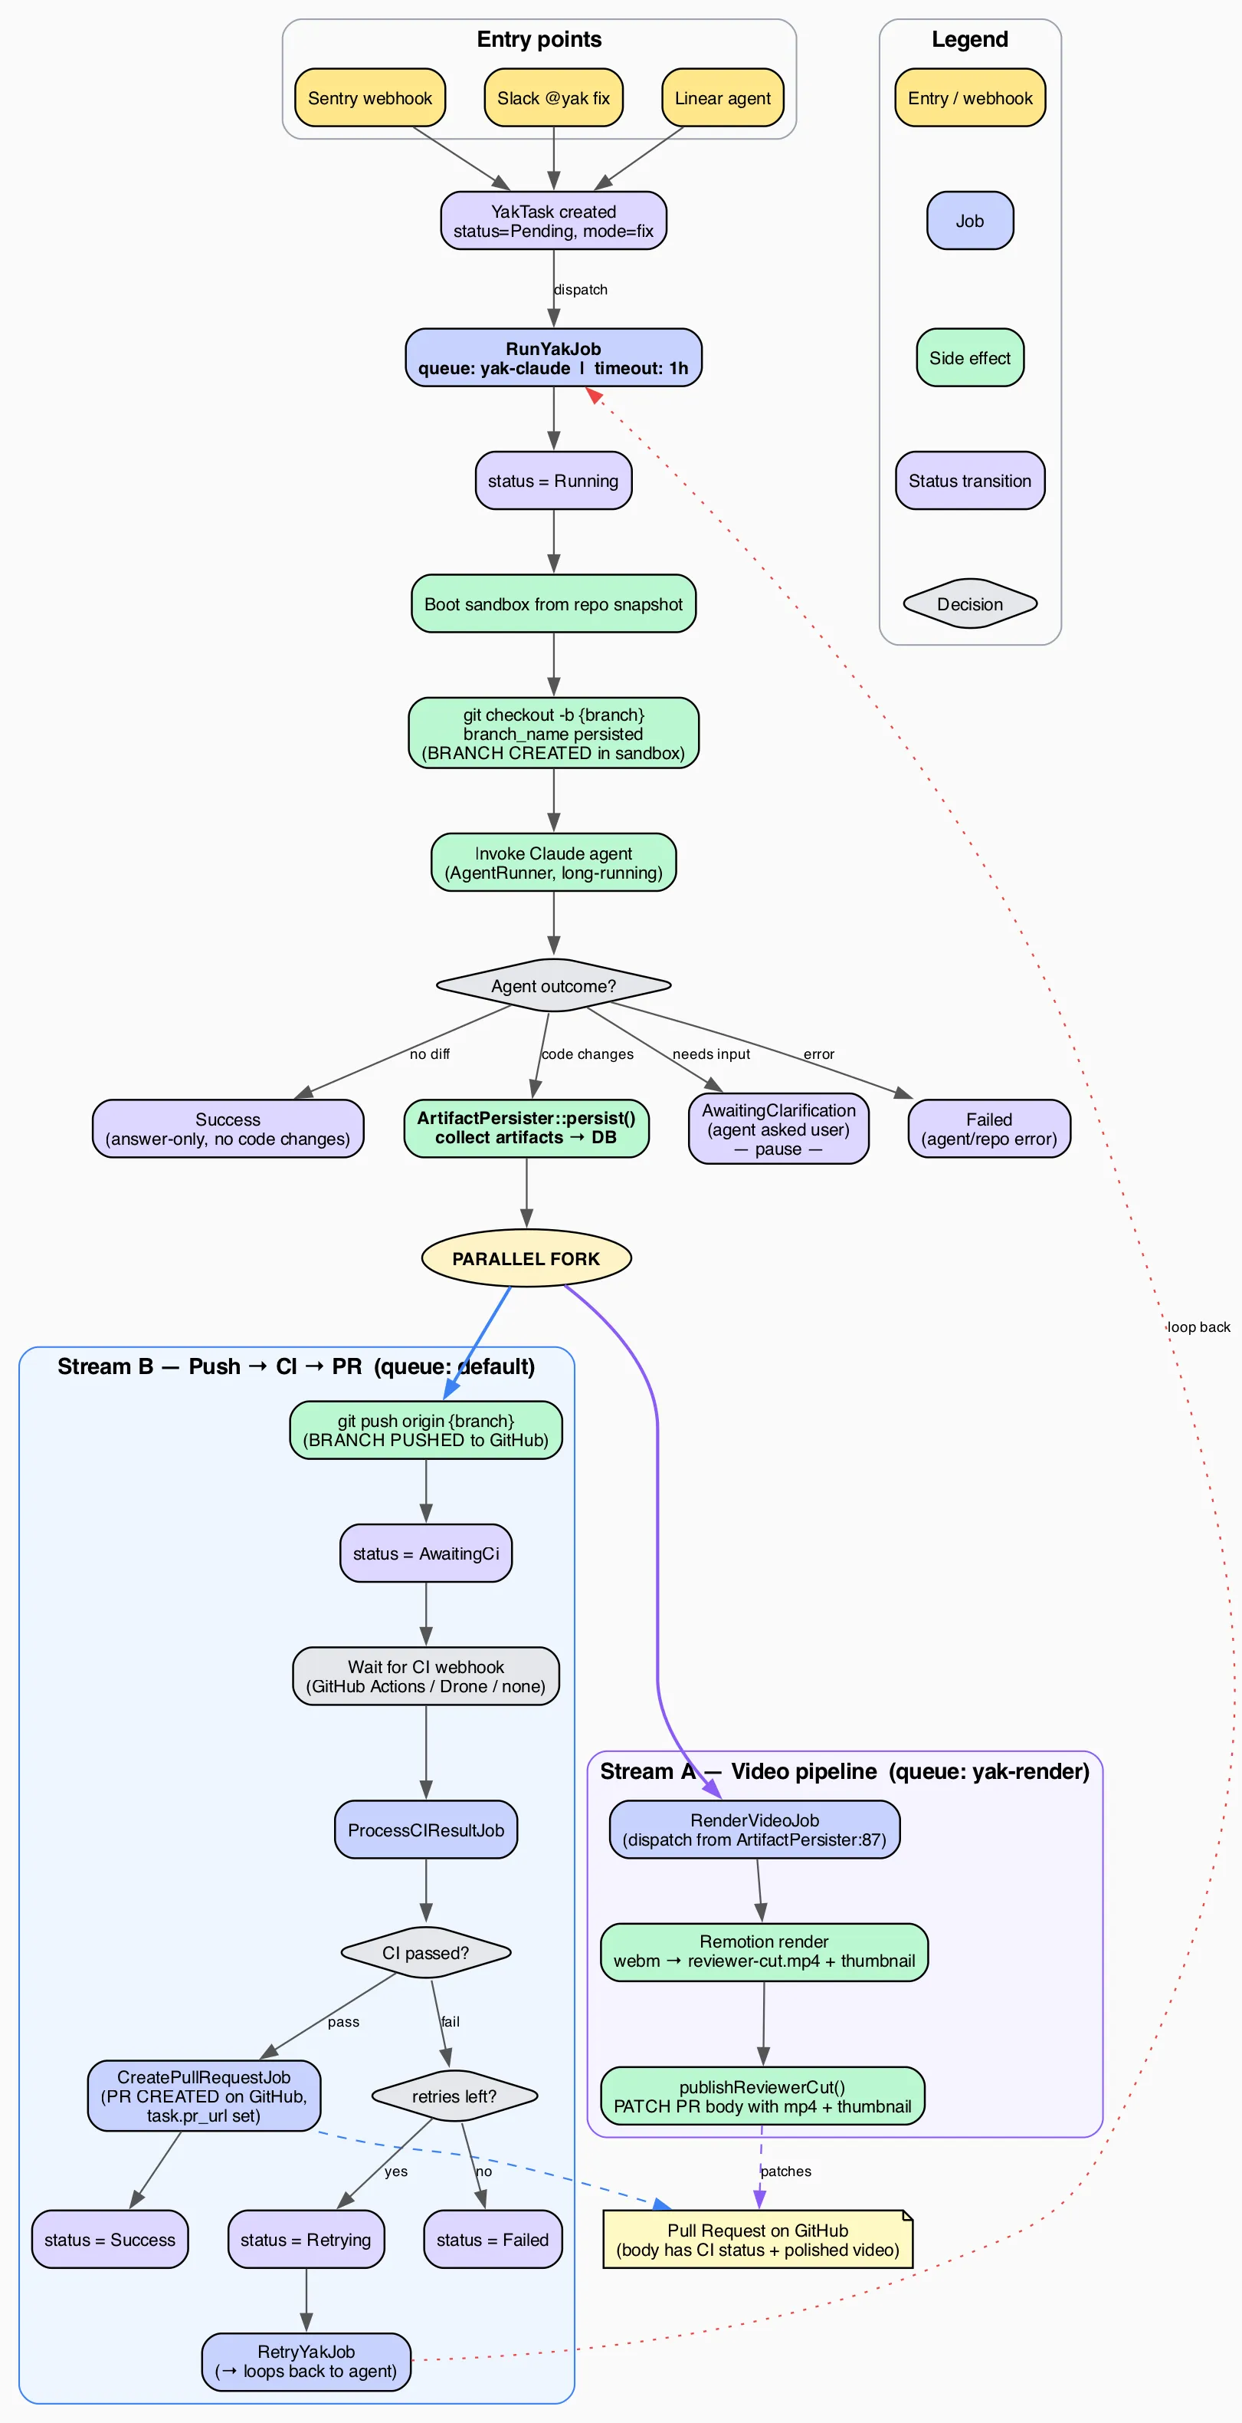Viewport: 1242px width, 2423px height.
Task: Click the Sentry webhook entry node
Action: (369, 98)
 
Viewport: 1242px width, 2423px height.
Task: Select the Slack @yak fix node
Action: (553, 98)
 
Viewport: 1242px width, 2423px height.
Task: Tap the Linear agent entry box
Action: (722, 98)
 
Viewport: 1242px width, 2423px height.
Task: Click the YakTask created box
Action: (553, 221)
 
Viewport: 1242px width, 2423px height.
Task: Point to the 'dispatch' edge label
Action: (580, 290)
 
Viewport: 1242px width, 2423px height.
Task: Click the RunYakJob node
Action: (553, 357)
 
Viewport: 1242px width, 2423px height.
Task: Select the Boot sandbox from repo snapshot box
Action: (553, 604)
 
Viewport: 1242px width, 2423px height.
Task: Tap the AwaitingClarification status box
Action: (778, 1129)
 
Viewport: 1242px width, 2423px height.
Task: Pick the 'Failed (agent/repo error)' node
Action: (989, 1129)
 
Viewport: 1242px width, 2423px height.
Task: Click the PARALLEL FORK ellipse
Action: (526, 1258)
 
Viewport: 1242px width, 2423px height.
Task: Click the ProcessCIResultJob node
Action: (426, 1830)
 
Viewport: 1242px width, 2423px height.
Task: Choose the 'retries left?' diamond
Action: (454, 2096)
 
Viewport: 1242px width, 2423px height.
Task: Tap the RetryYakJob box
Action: (306, 2361)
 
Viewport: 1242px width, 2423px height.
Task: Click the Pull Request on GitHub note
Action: (757, 2241)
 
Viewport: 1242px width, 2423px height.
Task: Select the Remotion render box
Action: (763, 1951)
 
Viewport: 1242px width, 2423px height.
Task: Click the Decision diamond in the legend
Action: (969, 604)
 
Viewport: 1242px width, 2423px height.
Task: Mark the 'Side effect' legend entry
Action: (969, 357)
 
